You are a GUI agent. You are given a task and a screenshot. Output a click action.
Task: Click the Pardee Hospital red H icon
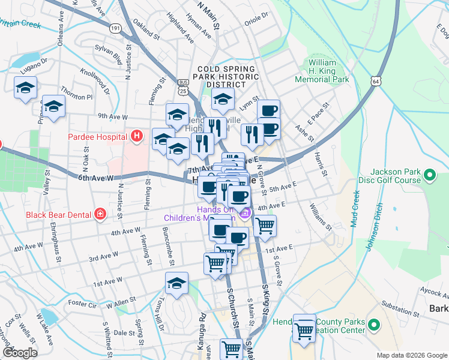(x=137, y=136)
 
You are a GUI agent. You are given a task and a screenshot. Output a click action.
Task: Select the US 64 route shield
(x=376, y=80)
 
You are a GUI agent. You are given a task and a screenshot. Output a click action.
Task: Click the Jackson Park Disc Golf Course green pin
(x=429, y=175)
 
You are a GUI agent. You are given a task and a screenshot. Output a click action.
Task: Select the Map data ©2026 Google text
(x=412, y=355)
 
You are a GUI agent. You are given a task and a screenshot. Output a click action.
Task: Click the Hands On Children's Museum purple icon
(x=244, y=212)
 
